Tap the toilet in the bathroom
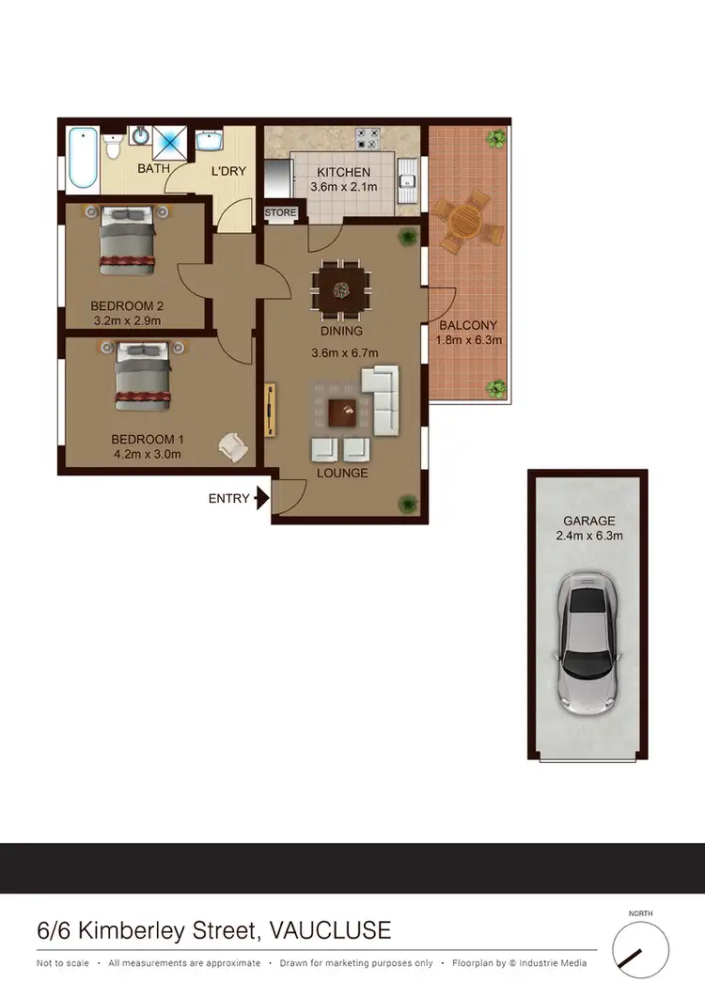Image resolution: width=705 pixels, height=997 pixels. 113,148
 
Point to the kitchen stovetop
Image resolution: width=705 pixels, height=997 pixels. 368,138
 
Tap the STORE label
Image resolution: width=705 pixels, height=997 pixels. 280,213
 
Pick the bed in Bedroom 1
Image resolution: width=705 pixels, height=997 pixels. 143,375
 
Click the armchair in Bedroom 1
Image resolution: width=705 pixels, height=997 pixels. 231,445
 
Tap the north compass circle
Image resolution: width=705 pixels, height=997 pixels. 640,948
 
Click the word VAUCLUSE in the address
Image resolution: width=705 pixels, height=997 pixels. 330,931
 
